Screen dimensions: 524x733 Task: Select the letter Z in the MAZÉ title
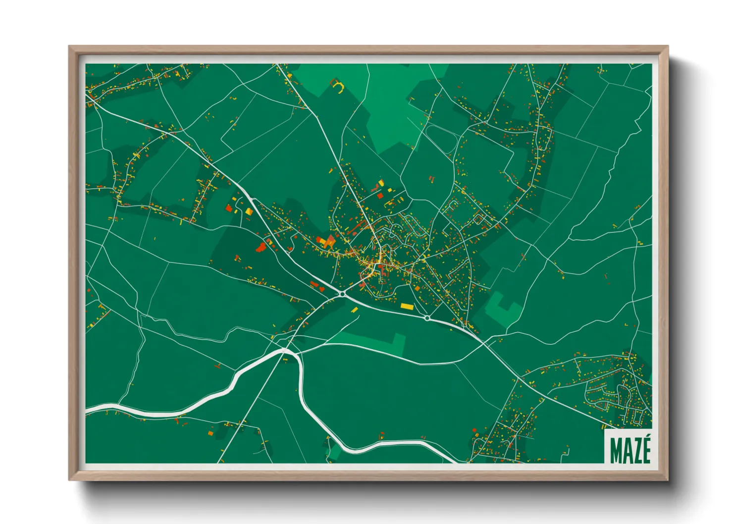(x=636, y=450)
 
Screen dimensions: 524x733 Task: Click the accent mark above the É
(x=646, y=435)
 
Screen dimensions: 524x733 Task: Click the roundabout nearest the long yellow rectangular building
(x=427, y=318)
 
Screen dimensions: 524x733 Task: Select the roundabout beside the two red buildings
(x=342, y=294)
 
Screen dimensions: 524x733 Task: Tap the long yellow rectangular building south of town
(x=406, y=307)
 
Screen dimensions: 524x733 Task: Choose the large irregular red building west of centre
(x=262, y=247)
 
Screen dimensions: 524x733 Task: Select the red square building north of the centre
(x=380, y=195)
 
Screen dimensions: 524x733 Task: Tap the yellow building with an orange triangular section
(x=327, y=242)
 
